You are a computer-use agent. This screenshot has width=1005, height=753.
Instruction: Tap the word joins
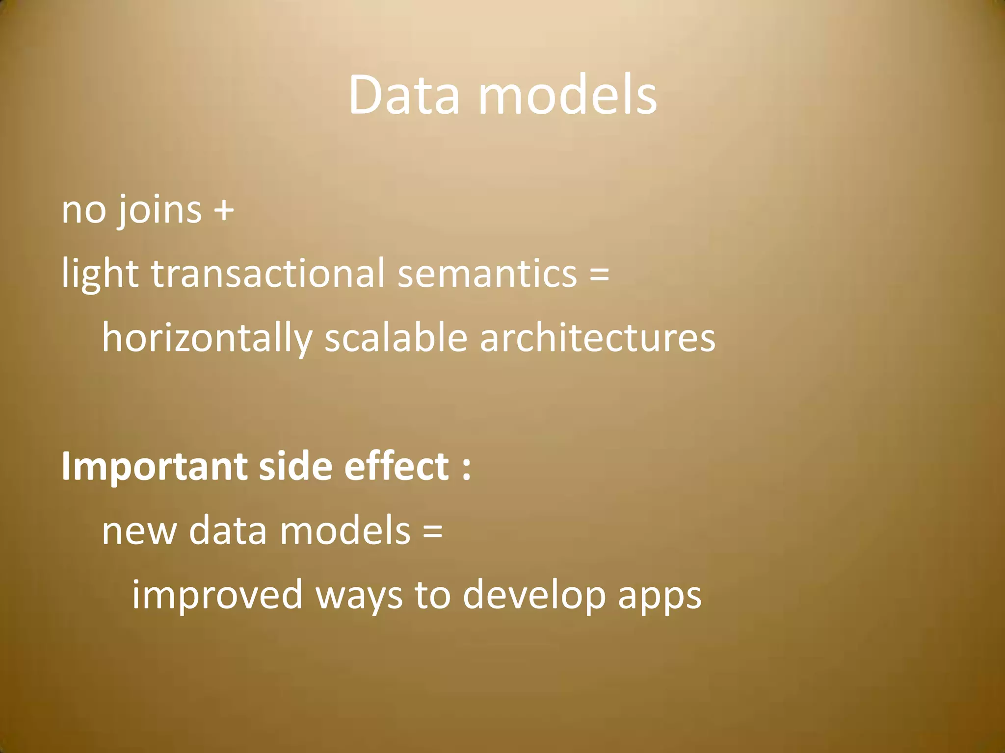(158, 210)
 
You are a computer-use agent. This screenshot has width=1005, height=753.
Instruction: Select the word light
(100, 274)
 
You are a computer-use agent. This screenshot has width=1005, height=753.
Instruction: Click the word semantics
(487, 274)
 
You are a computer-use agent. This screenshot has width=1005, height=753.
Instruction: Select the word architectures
(597, 338)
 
